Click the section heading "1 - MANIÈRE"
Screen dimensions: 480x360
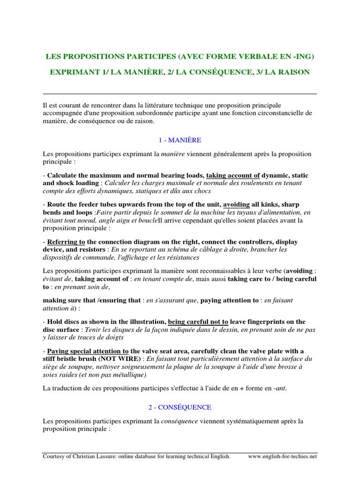(180, 140)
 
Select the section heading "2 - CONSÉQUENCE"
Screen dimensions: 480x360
(180, 407)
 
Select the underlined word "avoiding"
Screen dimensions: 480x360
(236, 205)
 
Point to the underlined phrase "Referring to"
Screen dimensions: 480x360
(66, 242)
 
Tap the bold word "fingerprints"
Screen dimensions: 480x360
(267, 322)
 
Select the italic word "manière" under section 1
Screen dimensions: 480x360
(172, 154)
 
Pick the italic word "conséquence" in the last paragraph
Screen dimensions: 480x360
(180, 421)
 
